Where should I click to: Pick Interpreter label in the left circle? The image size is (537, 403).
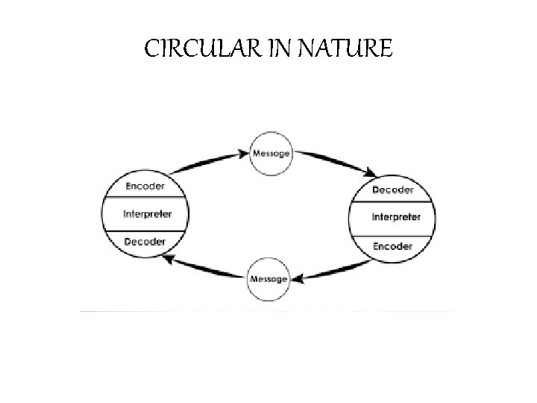(x=147, y=213)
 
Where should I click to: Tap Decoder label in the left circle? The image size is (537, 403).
(x=145, y=242)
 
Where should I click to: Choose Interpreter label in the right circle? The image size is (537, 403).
(x=395, y=217)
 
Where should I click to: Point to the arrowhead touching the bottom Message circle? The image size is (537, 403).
(x=295, y=279)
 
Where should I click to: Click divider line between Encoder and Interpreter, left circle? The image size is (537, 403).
(x=147, y=199)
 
